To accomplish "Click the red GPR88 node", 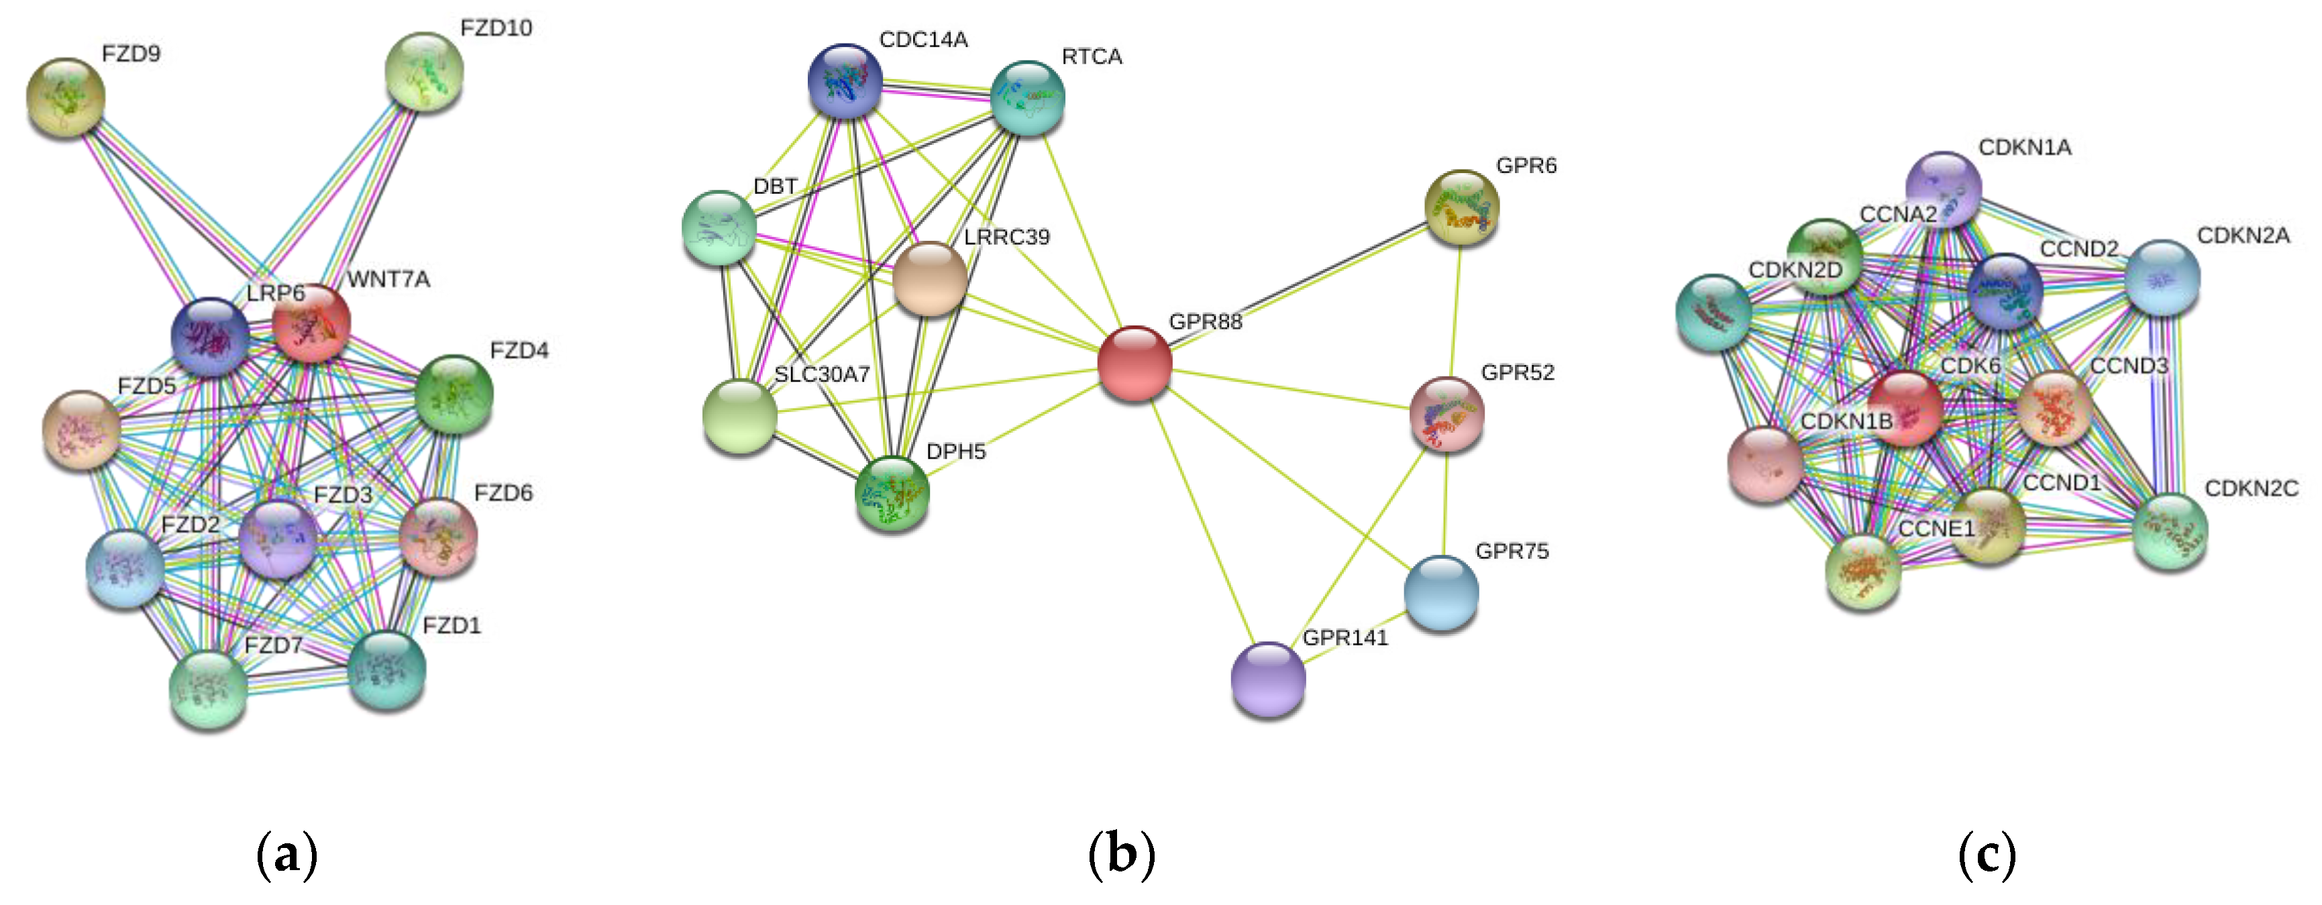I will (1134, 363).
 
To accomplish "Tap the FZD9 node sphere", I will (66, 97).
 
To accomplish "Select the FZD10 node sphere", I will (423, 71).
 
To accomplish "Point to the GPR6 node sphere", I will (1461, 207).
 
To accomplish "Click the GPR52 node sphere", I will (1446, 414).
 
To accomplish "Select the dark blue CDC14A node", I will (845, 81).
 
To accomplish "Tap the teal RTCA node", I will (1028, 97).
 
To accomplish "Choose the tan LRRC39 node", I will (931, 278).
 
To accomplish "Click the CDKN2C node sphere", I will (2170, 530).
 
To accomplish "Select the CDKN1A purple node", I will (1944, 189).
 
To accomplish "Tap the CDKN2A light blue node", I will (2162, 276).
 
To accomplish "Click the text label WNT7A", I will (388, 280).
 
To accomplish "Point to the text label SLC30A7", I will (821, 374).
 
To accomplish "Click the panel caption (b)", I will (1120, 853).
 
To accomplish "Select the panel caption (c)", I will (1987, 853).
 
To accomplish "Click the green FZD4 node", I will (454, 393).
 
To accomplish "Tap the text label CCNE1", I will (1936, 528).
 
